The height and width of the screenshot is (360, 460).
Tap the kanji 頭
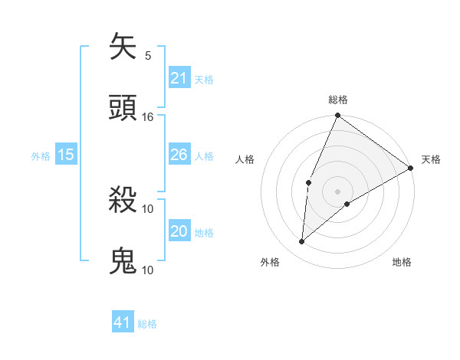point(123,108)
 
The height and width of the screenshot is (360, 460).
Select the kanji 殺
point(123,200)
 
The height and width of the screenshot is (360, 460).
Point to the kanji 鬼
point(123,261)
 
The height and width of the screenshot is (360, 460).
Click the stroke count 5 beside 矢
point(148,56)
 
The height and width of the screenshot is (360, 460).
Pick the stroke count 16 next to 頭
point(148,117)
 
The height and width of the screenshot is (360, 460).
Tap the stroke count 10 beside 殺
point(148,208)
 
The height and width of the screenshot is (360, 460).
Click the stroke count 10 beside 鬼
point(148,270)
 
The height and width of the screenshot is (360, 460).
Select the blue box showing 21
point(179,79)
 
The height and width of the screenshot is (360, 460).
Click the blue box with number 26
point(179,155)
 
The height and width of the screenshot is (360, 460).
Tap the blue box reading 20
point(179,232)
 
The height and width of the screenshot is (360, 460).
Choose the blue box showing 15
point(66,155)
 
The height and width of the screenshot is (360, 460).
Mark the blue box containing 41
point(123,323)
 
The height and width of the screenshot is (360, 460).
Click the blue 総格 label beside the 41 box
point(147,324)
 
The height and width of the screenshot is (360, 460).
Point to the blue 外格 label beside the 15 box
point(41,156)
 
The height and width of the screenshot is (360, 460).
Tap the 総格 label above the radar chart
point(338,100)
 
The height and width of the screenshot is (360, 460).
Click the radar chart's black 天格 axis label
point(431,160)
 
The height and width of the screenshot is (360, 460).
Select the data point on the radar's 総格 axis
point(337,116)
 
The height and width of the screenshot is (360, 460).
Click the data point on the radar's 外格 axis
point(302,242)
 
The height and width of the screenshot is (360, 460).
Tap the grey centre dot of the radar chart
point(337,191)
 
